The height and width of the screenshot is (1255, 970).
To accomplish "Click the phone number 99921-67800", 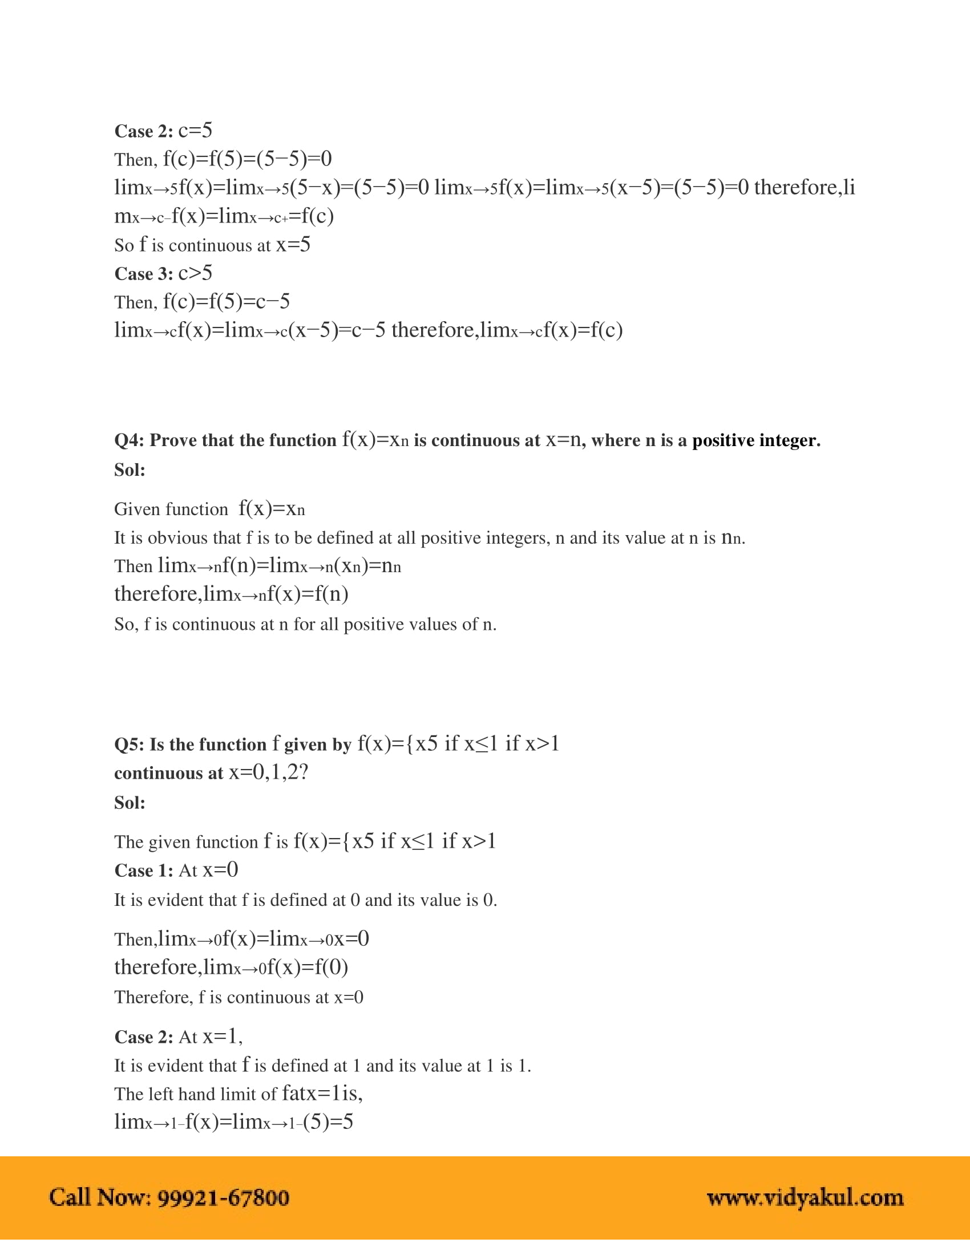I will click(x=223, y=1197).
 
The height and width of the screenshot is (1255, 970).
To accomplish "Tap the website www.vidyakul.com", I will click(x=805, y=1197).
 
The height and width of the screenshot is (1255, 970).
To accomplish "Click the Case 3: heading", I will click(x=144, y=274).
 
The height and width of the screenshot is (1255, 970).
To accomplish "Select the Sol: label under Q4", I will click(x=130, y=470).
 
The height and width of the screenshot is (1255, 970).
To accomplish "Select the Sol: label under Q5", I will click(x=130, y=803).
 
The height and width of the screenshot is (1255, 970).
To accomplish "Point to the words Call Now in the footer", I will click(x=100, y=1197).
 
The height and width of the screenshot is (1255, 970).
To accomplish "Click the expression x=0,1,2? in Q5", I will click(x=268, y=773).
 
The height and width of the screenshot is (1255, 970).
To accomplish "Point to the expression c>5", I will click(x=195, y=273).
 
